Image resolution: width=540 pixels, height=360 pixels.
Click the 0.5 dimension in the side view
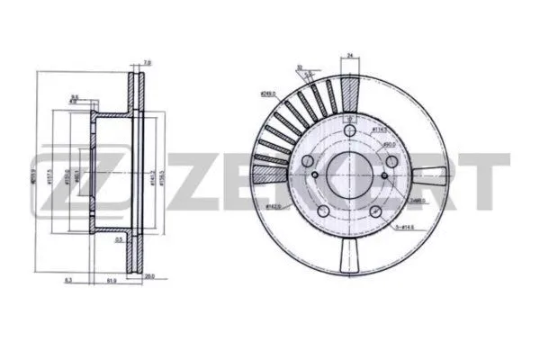tap(119, 240)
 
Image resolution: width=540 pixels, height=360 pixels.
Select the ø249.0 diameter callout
tap(268, 93)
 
